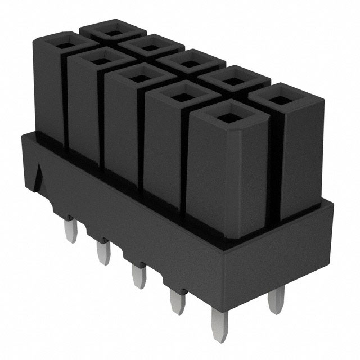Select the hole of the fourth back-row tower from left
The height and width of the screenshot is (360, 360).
click(230, 80)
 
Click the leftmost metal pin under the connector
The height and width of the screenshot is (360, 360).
click(70, 231)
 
